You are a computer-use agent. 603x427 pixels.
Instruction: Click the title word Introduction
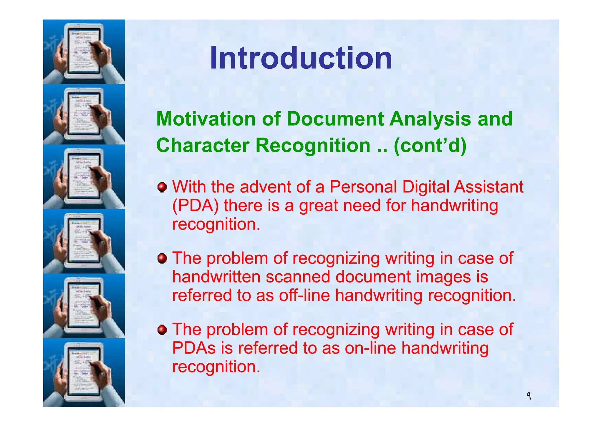pyautogui.click(x=301, y=58)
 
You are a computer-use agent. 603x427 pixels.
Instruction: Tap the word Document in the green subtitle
pyautogui.click(x=335, y=119)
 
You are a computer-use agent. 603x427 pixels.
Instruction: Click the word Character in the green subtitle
pyautogui.click(x=203, y=145)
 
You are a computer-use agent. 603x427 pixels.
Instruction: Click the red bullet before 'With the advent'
pyautogui.click(x=162, y=187)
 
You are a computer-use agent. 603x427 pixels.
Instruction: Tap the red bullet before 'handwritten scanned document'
pyautogui.click(x=162, y=259)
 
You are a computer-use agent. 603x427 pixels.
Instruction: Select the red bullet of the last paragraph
pyautogui.click(x=162, y=330)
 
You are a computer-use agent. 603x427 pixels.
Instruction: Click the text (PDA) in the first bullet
pyautogui.click(x=195, y=206)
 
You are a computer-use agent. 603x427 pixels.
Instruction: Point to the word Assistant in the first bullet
pyautogui.click(x=488, y=187)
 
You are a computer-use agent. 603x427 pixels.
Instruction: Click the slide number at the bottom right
pyautogui.click(x=529, y=396)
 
